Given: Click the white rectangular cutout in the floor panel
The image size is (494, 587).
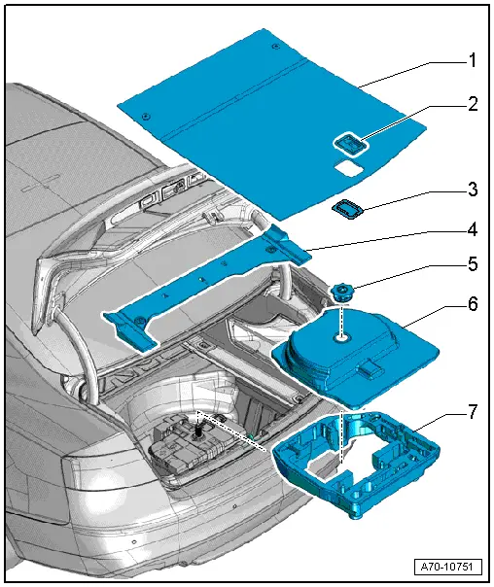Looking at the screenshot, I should [x=346, y=169].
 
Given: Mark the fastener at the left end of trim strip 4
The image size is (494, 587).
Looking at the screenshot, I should [x=140, y=321].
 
